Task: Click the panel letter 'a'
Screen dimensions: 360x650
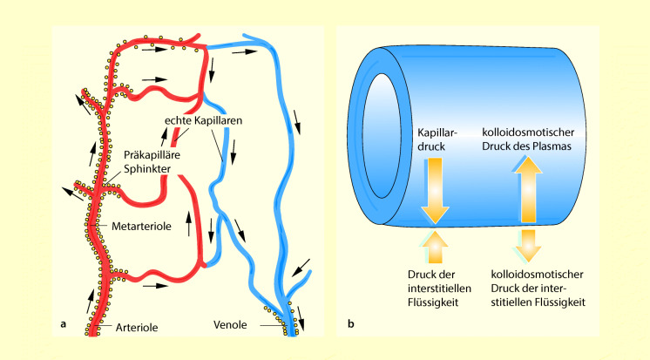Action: (x=64, y=326)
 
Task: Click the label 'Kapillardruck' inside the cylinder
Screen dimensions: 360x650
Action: (x=434, y=140)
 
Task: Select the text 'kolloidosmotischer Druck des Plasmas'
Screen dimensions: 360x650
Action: (x=526, y=140)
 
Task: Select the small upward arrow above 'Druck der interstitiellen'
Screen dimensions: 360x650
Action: (x=435, y=247)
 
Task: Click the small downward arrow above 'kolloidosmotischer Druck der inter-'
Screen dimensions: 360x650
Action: (x=526, y=247)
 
